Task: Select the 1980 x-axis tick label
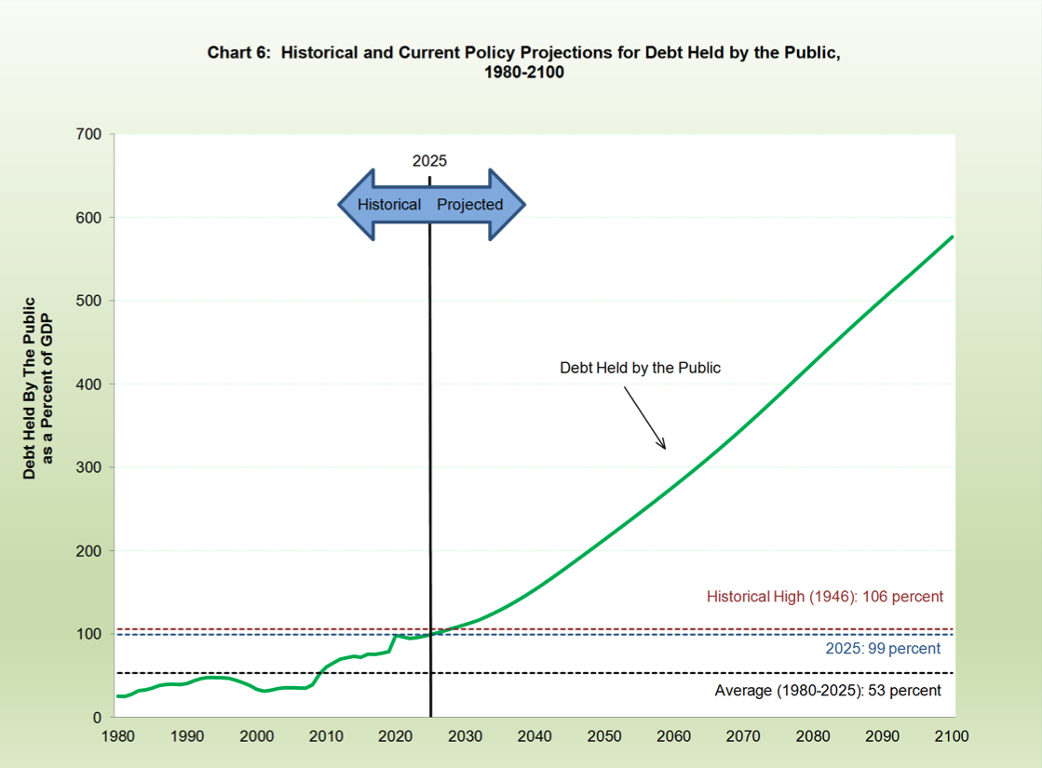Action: (x=117, y=736)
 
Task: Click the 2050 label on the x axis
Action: (x=604, y=736)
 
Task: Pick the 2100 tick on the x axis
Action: (x=952, y=736)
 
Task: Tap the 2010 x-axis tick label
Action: (x=326, y=736)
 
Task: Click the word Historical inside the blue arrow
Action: (x=389, y=205)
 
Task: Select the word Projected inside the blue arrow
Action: (x=470, y=205)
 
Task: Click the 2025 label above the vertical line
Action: (x=429, y=161)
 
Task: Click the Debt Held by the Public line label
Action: (x=640, y=368)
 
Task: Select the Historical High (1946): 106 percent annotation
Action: (x=824, y=597)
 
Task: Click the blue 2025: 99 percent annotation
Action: (x=883, y=649)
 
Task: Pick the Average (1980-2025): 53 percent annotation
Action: (x=828, y=691)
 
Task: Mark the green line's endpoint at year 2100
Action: (x=953, y=236)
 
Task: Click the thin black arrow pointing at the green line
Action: (x=644, y=416)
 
